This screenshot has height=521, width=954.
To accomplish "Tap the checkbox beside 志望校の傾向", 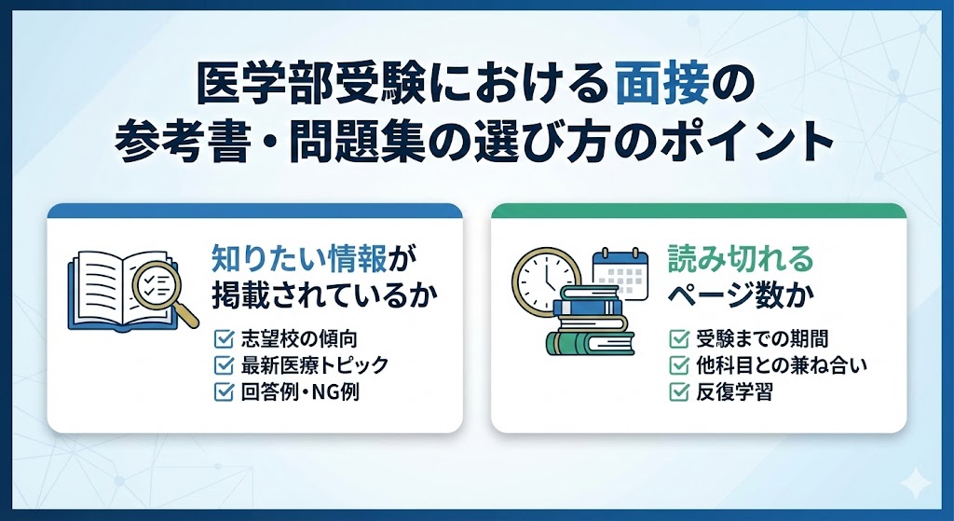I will pos(223,338).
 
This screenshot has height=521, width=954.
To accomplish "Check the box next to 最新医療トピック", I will pos(223,364).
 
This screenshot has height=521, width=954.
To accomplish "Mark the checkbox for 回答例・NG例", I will pos(223,391).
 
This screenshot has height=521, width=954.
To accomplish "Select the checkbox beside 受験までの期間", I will pos(679,338).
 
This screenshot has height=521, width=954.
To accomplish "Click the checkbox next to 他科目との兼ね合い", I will pos(679,365).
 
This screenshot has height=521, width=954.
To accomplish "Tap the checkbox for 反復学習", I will pos(679,392).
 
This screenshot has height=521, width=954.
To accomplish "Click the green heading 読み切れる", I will pos(741,257).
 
